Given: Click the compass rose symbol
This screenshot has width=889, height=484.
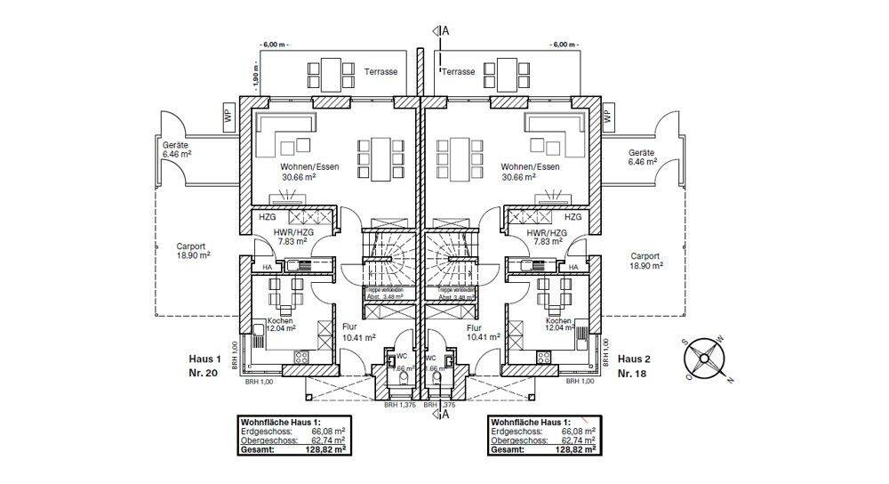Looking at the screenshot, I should coord(706,358).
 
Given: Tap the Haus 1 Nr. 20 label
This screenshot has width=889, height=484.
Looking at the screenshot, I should coord(203,366).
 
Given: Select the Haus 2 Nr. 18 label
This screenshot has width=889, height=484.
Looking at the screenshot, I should coord(635,366).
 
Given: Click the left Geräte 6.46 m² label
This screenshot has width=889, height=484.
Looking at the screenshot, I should coord(178,149).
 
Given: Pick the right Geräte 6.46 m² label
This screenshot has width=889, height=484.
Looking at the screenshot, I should coord(642,157).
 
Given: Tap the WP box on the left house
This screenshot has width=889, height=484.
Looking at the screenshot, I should coord(228,115).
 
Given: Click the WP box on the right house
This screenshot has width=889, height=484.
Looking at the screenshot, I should coord(608,115).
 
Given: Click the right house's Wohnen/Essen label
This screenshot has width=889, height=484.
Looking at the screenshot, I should coord(530,172).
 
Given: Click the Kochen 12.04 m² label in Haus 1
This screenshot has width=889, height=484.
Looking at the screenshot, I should coord(282,325).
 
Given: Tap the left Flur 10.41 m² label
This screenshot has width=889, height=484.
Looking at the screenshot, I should coord(357,332).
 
